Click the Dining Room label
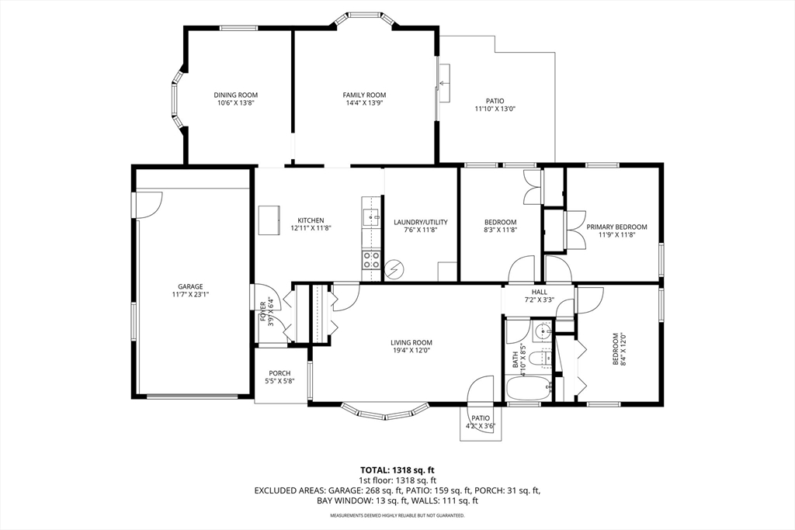pyautogui.click(x=235, y=95)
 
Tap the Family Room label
pyautogui.click(x=364, y=95)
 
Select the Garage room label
pyautogui.click(x=190, y=286)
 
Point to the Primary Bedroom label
pyautogui.click(x=616, y=227)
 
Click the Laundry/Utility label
pyautogui.click(x=421, y=222)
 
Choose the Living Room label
pyautogui.click(x=411, y=342)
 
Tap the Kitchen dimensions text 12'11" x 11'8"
pyautogui.click(x=311, y=228)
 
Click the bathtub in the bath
pyautogui.click(x=529, y=389)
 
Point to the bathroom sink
pyautogui.click(x=543, y=332)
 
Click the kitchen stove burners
pyautogui.click(x=371, y=260)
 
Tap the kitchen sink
pyautogui.click(x=372, y=217)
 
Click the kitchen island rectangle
pyautogui.click(x=269, y=220)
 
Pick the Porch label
pyautogui.click(x=279, y=373)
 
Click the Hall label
pyautogui.click(x=539, y=292)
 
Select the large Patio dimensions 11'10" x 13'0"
pyautogui.click(x=495, y=109)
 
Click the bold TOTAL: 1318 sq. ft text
pyautogui.click(x=397, y=469)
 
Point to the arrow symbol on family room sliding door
pyautogui.click(x=443, y=82)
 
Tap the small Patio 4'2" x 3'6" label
pyautogui.click(x=481, y=422)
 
